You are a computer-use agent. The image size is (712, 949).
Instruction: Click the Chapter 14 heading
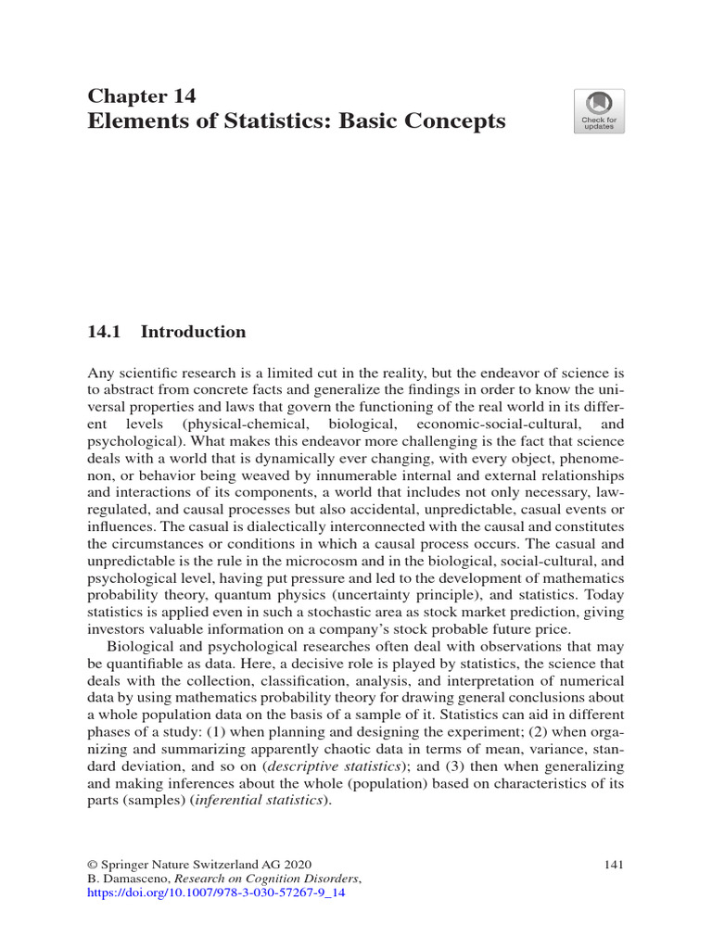(x=141, y=95)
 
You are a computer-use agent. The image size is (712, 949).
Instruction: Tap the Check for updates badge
(x=599, y=111)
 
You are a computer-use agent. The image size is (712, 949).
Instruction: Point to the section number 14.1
(x=104, y=332)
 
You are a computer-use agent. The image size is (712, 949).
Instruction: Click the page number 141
(x=612, y=865)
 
